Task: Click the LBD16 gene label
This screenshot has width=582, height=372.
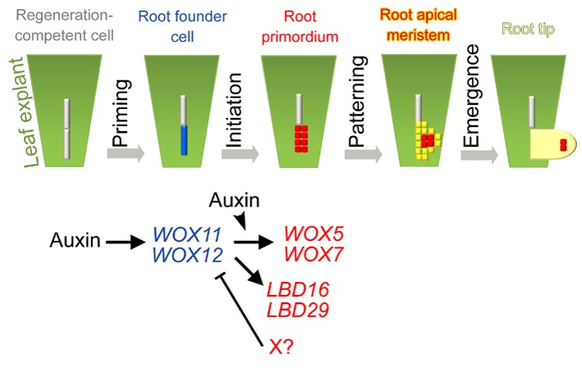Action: coord(293,290)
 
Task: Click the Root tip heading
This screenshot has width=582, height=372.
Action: coord(532,28)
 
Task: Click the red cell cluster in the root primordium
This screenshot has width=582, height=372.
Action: coord(301,139)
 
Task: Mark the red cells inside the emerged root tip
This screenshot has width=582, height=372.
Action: coord(563,145)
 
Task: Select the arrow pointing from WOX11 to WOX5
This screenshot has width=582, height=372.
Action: coord(254,243)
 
